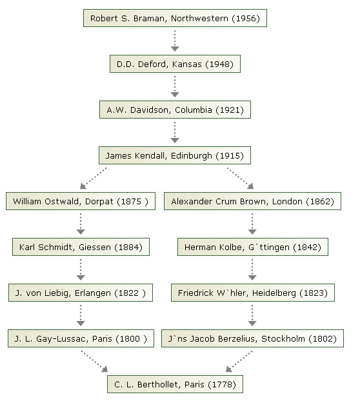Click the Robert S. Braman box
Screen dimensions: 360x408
[x=175, y=18]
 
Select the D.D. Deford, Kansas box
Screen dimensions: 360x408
[x=175, y=64]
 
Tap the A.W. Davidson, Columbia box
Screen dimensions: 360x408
[x=175, y=110]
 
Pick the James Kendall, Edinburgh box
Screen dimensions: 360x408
[x=175, y=155]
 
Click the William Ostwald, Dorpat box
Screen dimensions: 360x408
[x=81, y=201]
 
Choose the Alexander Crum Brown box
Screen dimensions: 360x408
[x=252, y=201]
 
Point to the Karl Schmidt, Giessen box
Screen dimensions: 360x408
[x=81, y=247]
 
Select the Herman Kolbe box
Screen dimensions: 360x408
[x=253, y=247]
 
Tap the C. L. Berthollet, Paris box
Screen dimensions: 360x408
[x=175, y=384]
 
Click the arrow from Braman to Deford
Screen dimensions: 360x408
[x=175, y=41]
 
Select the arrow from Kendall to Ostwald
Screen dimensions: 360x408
[x=93, y=179]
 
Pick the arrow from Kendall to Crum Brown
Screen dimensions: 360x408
[x=240, y=179]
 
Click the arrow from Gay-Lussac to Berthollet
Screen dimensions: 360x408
[x=94, y=362]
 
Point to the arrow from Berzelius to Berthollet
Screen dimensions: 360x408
[x=239, y=362]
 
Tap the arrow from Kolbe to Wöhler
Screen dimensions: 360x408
[x=252, y=269]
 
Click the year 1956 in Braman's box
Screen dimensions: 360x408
[x=246, y=19]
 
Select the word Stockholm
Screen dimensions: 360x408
[x=283, y=339]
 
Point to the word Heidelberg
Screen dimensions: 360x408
[x=274, y=293]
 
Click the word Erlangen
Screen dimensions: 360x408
[x=93, y=293]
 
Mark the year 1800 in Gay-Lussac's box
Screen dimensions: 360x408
[x=132, y=339]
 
